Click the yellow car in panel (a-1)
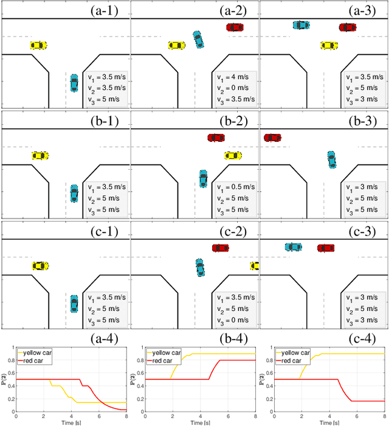pos(38,45)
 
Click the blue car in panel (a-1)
pos(74,83)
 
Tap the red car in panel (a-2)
pos(235,27)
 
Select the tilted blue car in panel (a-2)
pos(199,39)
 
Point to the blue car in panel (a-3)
pos(300,26)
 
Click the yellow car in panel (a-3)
pos(329,45)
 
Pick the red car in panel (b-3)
pos(272,138)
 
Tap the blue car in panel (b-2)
pos(203,178)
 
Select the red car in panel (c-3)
pos(326,248)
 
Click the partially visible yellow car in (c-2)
pos(255,266)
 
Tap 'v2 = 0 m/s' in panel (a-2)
pos(235,88)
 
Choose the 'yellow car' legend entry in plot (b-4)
pos(169,352)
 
